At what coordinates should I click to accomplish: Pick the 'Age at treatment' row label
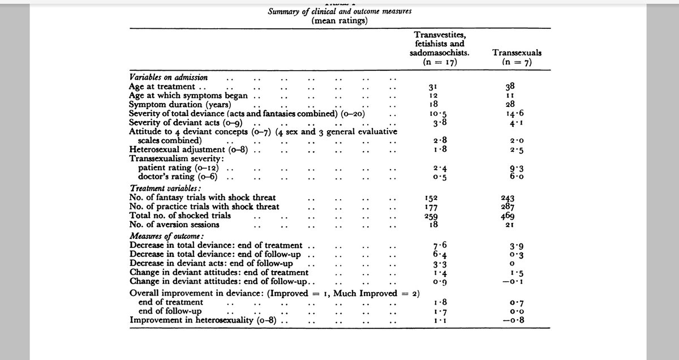coord(162,87)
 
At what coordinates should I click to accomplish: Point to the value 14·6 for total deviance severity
coord(514,114)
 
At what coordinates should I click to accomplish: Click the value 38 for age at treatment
coord(512,87)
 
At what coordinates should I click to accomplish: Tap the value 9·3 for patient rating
coord(514,168)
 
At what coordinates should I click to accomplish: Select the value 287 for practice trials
coord(514,207)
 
